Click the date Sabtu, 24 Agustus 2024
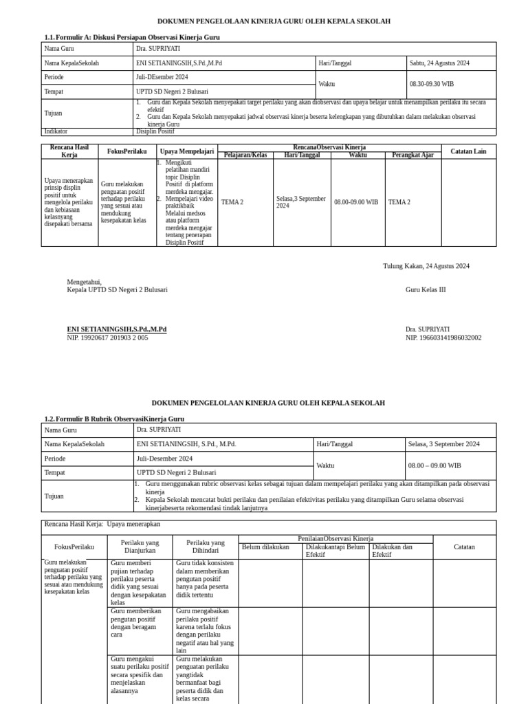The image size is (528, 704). coord(439,63)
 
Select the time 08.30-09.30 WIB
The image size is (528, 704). coord(432,85)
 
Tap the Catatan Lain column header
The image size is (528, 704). coord(468,151)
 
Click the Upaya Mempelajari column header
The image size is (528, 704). coord(187,151)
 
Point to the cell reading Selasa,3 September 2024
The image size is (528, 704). coord(301,202)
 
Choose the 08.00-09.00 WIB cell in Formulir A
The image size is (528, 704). coord(356,202)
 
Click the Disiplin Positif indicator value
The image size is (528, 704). coord(155,131)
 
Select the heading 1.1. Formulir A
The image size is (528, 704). coord(132,37)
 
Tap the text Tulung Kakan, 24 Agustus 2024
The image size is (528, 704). coord(426,266)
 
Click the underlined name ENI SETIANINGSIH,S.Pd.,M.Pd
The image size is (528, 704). coord(117,329)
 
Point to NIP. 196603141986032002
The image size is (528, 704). coord(443,338)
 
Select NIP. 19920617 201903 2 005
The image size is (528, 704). coord(107,338)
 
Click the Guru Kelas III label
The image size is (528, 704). coord(426,289)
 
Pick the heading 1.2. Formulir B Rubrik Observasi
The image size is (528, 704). coord(114,419)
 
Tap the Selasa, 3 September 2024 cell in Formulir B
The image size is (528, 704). coord(443,444)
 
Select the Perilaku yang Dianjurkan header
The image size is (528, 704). coord(140,547)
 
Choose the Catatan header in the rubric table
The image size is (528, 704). coord(464,547)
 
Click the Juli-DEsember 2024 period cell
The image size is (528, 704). coord(162,77)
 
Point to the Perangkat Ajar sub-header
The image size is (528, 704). coord(412,155)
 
